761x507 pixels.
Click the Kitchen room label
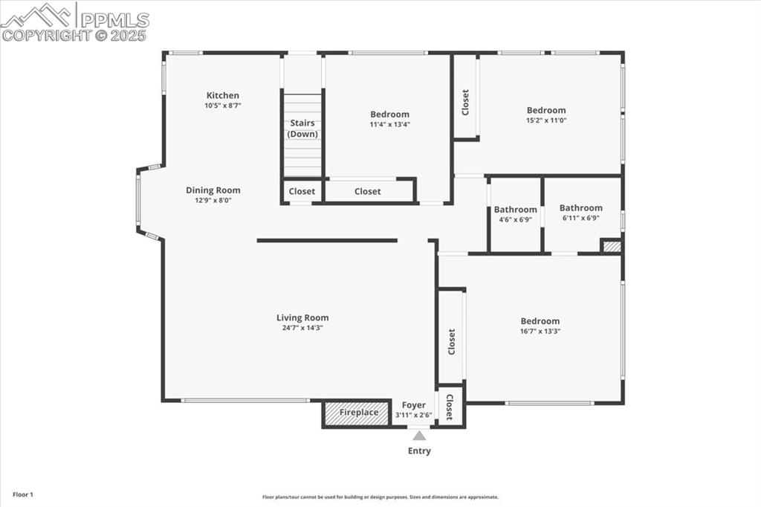tap(223, 95)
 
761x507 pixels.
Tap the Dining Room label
tap(213, 190)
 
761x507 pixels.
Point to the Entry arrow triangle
tap(419, 436)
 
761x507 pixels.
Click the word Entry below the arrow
tap(419, 451)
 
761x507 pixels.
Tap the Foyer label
tap(414, 405)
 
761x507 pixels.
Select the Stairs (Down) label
tap(302, 129)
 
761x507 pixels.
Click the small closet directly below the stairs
tap(302, 192)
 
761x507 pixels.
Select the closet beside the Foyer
tap(450, 407)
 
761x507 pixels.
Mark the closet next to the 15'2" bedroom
tap(466, 102)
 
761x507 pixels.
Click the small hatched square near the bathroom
tap(611, 246)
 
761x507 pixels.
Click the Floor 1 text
tap(22, 494)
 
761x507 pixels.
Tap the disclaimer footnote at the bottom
tap(380, 497)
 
